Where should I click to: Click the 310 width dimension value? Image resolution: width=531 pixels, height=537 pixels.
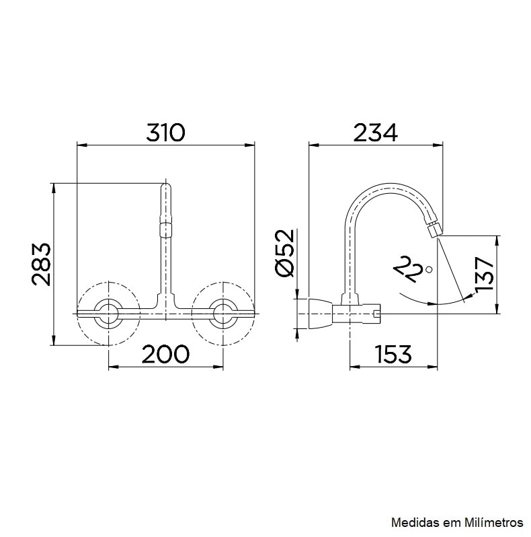click(x=165, y=132)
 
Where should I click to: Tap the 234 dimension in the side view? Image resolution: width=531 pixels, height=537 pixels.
click(x=375, y=132)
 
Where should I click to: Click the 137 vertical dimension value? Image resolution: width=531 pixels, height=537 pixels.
click(x=484, y=275)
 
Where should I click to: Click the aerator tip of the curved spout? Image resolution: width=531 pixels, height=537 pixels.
click(x=434, y=229)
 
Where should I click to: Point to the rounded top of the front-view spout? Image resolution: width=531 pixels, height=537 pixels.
click(x=166, y=186)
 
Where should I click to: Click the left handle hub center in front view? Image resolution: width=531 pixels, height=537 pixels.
click(x=108, y=313)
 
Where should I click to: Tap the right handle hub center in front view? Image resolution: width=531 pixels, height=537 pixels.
click(x=223, y=313)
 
